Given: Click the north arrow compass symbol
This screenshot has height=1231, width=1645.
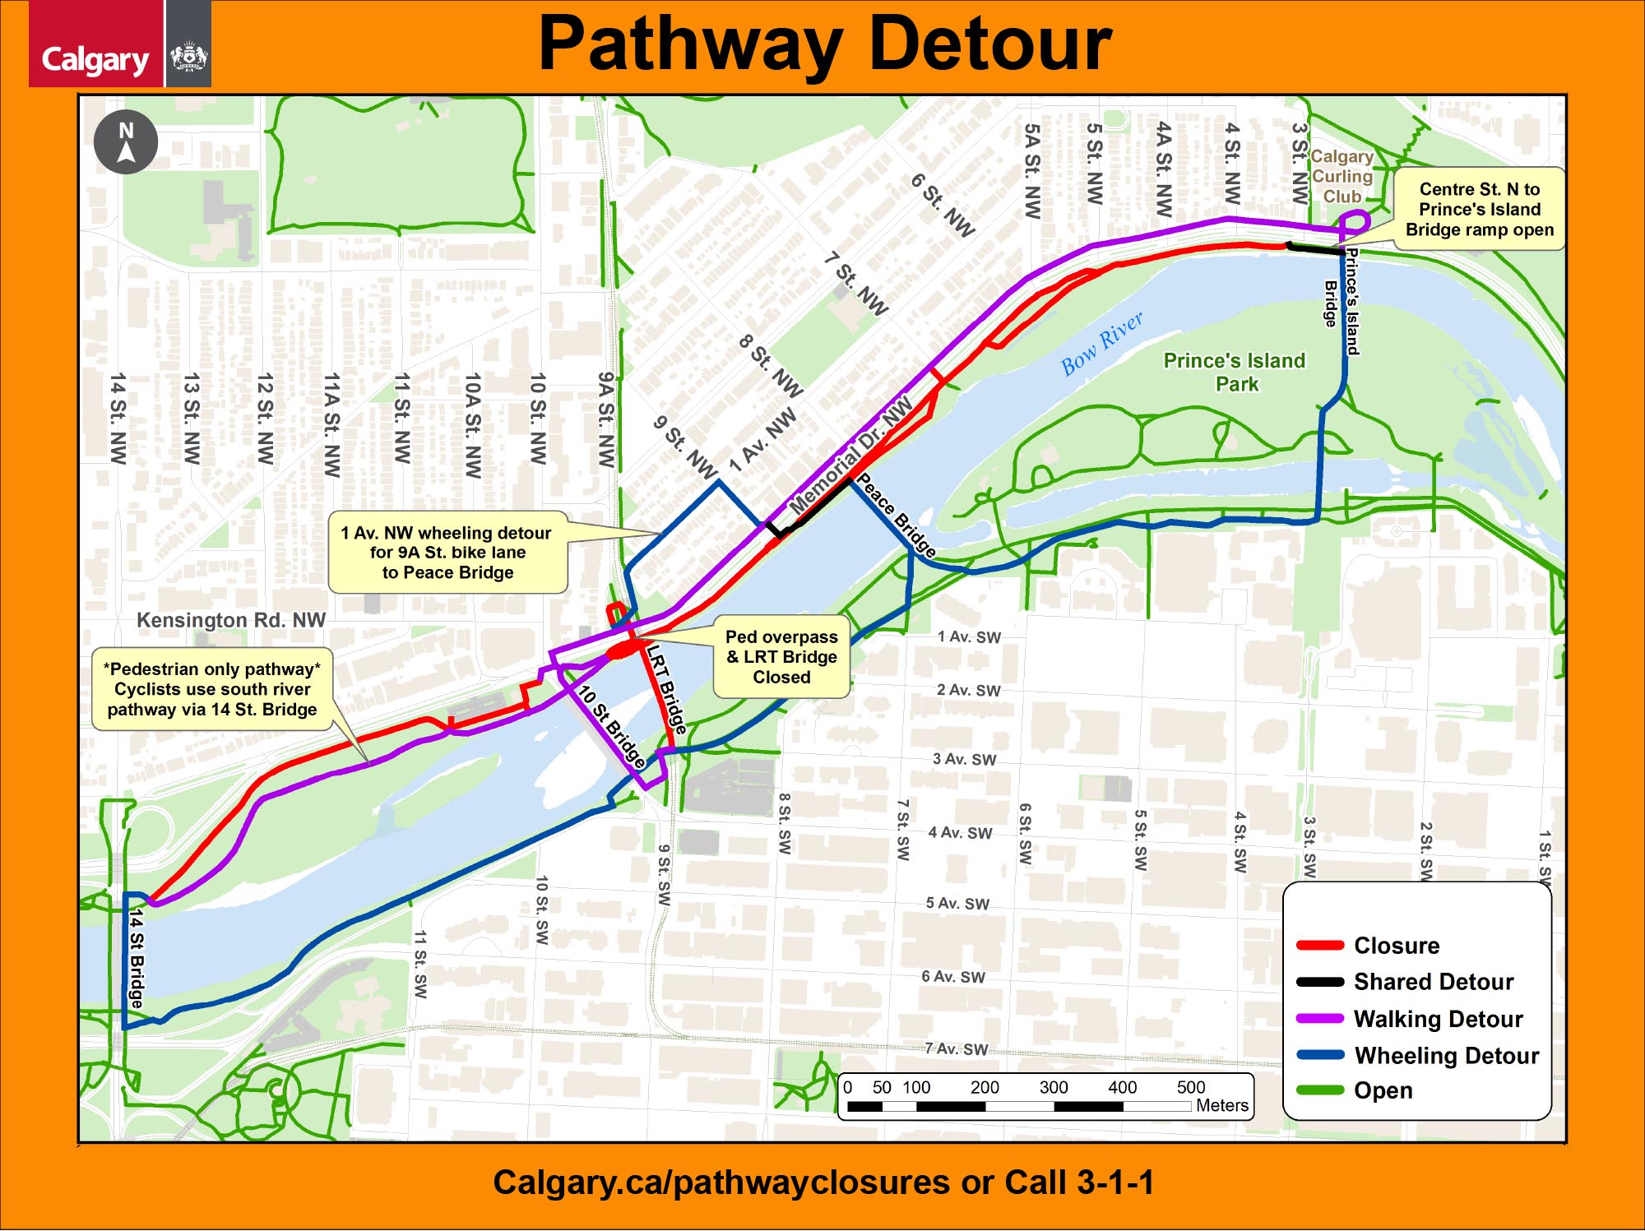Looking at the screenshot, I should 126,142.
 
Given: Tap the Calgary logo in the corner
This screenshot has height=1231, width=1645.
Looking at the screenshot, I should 96,58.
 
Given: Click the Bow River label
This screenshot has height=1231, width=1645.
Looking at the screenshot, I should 1101,344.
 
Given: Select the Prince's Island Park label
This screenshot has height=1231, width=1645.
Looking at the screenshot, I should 1235,372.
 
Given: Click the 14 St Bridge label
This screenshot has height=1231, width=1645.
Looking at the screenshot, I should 137,958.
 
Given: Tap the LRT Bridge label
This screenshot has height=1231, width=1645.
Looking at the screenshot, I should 666,689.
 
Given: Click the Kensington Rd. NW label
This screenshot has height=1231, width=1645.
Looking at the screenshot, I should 231,620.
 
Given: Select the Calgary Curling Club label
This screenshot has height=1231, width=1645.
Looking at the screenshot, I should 1341,176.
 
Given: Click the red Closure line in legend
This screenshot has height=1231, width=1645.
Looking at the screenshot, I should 1320,945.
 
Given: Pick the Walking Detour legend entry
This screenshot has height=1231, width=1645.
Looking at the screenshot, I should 1438,1019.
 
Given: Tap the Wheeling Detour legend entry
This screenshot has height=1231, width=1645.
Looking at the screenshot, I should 1446,1055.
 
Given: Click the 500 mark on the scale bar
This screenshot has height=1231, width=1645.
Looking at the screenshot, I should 1190,1087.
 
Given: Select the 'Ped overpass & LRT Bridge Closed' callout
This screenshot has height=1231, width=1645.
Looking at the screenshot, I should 781,656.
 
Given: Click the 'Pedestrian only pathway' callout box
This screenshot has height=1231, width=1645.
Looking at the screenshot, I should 212,689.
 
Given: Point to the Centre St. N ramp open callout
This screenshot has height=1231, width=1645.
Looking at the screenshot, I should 1479,209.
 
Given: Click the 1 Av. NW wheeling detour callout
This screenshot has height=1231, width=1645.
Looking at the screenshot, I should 447,553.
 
